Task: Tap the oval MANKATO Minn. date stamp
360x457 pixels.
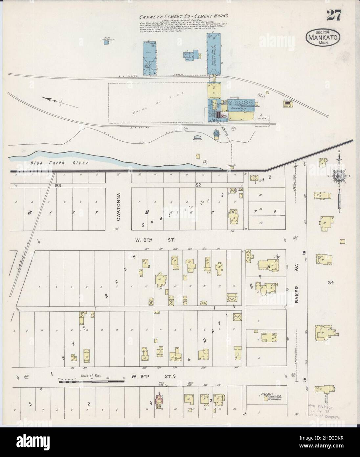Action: [324, 37]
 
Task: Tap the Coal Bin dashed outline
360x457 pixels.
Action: [262, 120]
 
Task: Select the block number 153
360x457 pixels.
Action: [58, 185]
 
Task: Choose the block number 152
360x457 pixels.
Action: [197, 185]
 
